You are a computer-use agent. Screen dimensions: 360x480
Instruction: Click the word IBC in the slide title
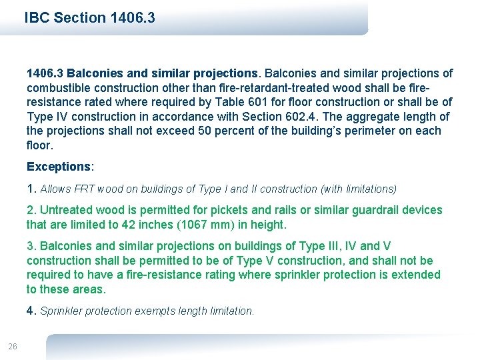37,18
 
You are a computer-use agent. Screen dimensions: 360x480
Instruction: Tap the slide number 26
13,345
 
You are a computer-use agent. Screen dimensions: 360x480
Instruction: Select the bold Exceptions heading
58,167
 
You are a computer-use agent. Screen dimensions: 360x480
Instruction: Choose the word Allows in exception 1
56,189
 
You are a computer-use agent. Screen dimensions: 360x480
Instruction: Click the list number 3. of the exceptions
32,246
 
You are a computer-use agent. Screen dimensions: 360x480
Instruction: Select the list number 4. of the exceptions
32,311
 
